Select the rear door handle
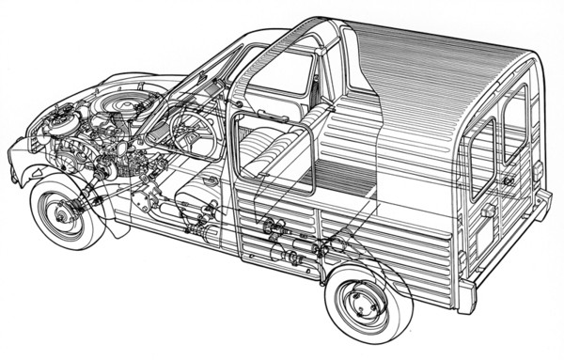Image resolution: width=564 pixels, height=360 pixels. pos(488,211)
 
